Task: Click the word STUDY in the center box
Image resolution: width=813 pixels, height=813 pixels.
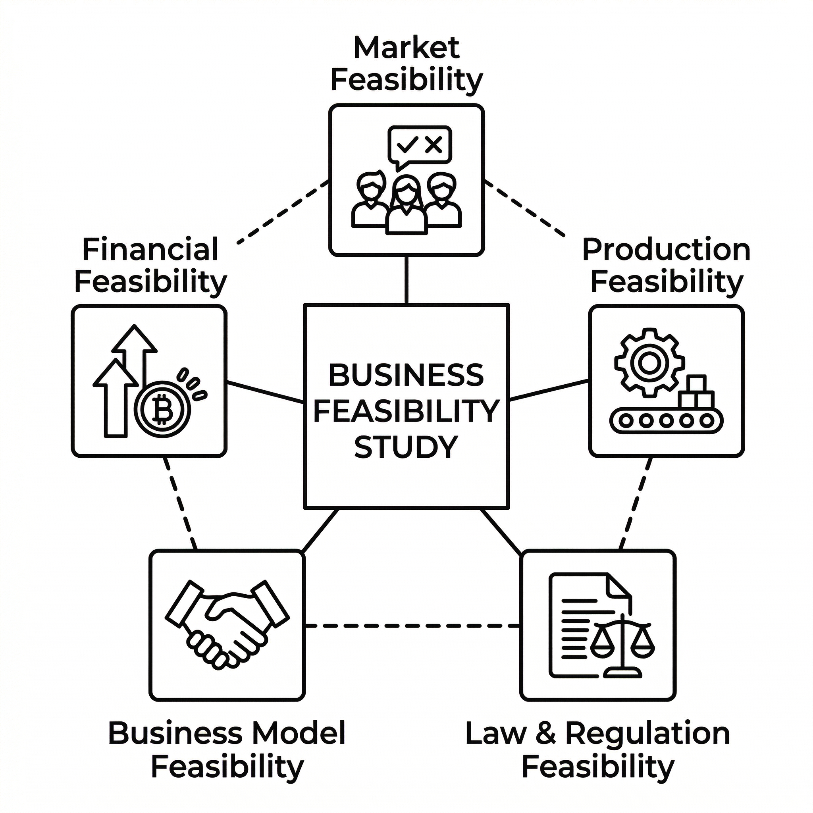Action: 406,447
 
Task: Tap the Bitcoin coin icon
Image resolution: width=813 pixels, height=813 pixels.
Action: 162,409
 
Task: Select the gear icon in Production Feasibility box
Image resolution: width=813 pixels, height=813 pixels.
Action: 649,363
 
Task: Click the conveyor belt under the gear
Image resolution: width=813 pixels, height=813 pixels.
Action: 666,420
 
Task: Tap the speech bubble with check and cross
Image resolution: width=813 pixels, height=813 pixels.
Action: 420,146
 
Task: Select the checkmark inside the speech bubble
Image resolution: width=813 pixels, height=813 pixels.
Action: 407,145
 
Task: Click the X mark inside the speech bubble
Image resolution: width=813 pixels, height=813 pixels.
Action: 433,145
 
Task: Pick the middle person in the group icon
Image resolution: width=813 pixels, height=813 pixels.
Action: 406,204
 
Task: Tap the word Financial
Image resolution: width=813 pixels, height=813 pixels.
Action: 150,249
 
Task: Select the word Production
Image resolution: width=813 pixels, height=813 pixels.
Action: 666,250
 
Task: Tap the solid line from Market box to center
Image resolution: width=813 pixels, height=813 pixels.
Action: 406,280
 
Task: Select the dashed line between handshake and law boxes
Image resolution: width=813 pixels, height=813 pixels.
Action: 412,626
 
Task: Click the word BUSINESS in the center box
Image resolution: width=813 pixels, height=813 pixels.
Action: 406,376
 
